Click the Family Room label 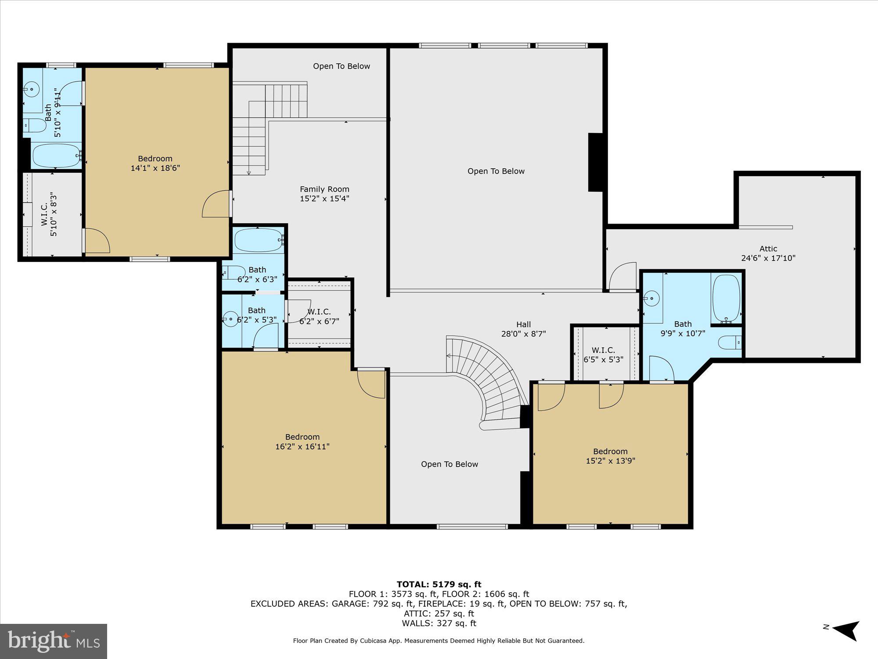point(324,189)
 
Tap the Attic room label point(768,248)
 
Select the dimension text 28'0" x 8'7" point(523,334)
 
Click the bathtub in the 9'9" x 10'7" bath point(726,298)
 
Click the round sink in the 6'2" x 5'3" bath point(230,319)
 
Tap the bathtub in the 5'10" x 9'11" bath point(56,156)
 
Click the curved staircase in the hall point(492,378)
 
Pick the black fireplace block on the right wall point(595,162)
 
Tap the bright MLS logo point(54,641)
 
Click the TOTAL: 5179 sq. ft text point(439,584)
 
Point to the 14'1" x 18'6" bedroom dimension point(155,168)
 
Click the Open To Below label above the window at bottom point(449,464)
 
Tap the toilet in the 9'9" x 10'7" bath point(730,342)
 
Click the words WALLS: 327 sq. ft point(439,623)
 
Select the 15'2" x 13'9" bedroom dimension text point(610,461)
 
